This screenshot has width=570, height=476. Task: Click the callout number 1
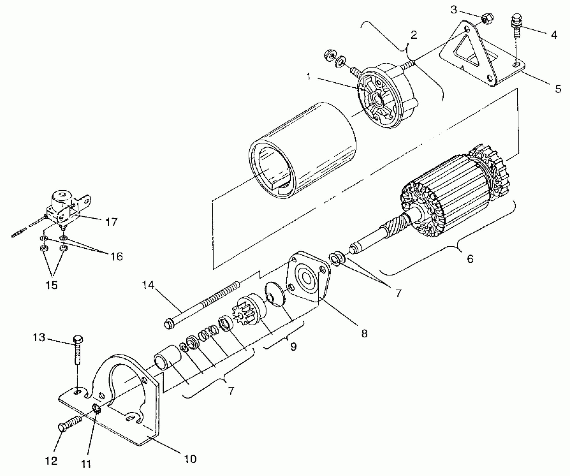tap(308, 76)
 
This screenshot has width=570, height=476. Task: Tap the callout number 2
tap(414, 35)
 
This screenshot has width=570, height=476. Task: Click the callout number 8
tap(364, 333)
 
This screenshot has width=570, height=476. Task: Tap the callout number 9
tap(293, 347)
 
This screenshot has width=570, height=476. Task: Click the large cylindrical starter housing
tap(302, 151)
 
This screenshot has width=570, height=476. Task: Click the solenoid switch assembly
tap(64, 207)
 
